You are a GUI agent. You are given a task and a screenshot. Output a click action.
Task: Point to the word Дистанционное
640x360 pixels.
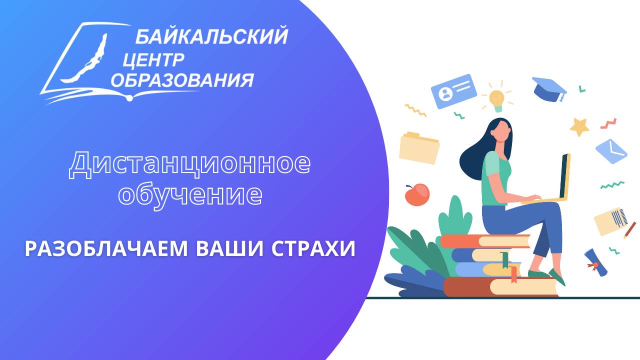(189, 164)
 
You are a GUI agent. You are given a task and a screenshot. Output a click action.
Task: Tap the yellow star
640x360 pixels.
(580, 127)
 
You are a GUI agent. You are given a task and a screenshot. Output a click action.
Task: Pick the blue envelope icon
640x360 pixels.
(611, 150)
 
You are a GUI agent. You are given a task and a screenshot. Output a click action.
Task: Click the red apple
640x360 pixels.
(417, 194)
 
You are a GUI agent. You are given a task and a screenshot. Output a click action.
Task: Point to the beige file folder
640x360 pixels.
(419, 148)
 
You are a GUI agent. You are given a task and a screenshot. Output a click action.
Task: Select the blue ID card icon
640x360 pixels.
(454, 91)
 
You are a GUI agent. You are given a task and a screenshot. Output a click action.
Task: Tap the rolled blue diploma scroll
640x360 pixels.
(596, 262)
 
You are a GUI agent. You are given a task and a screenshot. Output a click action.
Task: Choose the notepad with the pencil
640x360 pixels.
(612, 220)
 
